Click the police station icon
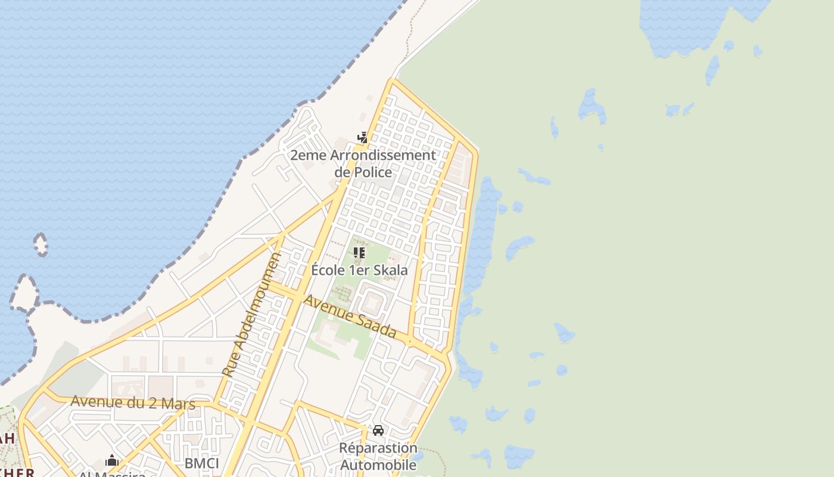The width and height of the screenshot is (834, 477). tap(362, 138)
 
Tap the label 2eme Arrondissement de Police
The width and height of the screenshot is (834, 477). tap(363, 164)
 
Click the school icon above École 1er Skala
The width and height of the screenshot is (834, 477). tap(359, 253)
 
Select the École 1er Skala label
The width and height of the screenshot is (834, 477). tap(359, 270)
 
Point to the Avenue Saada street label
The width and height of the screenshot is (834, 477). tap(350, 316)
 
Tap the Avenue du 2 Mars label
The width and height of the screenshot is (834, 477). tap(133, 402)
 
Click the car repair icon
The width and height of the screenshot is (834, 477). tap(378, 430)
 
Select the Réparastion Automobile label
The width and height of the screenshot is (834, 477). tap(378, 456)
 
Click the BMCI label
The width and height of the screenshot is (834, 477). tap(201, 463)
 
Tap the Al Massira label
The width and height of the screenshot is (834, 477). tap(113, 473)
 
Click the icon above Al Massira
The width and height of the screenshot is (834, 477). tap(112, 460)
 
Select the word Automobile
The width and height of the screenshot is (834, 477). tap(378, 465)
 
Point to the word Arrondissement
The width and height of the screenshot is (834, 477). tap(379, 156)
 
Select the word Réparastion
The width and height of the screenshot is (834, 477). tap(378, 448)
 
